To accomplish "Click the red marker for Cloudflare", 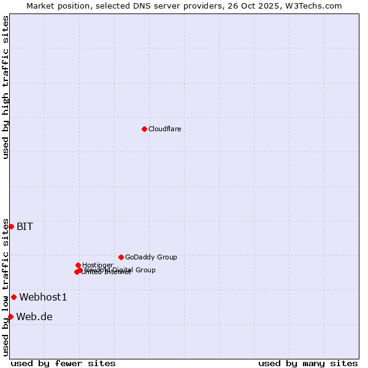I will pos(144,129).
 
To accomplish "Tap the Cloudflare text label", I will pos(164,129).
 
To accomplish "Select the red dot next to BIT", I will pos(11,226).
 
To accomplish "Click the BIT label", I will pos(25,226).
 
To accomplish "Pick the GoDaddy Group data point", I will pos(121,257).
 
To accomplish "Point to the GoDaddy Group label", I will pos(151,257).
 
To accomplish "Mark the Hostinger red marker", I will pos(78,265).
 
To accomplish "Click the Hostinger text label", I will pos(98,265).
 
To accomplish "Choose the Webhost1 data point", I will pos(13,297).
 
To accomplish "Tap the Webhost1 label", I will pos(43,297).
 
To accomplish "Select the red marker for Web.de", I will pos(10,316).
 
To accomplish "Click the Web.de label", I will pos(34,316).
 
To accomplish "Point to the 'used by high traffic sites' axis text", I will pos(6,88).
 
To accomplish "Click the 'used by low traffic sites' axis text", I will pos(6,287).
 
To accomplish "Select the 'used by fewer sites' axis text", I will pos(63,363).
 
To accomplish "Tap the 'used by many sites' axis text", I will pos(308,363).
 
